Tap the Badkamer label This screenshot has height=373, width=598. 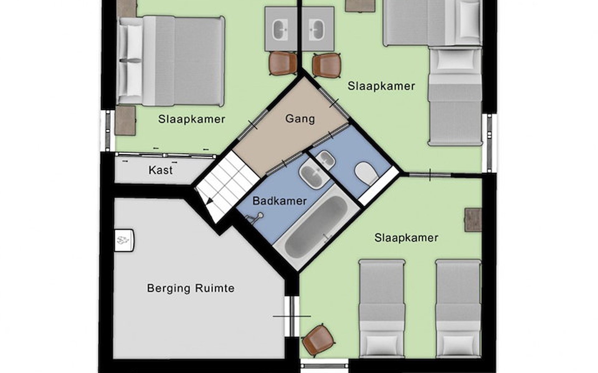click(279, 201)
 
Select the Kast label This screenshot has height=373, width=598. click(160, 170)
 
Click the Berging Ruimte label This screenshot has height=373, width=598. click(191, 288)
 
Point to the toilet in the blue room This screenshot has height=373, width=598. click(367, 174)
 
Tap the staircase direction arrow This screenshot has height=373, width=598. click(209, 201)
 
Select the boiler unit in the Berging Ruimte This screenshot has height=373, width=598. click(124, 240)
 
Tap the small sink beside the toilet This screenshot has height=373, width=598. click(325, 160)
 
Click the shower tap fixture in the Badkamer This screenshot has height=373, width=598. click(255, 217)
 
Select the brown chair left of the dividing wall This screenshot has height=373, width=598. click(283, 63)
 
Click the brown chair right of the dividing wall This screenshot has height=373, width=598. click(326, 65)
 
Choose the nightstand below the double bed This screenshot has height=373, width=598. click(125, 121)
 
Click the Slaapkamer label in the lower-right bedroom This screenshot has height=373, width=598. click(406, 238)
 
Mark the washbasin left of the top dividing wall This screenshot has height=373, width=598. click(280, 30)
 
